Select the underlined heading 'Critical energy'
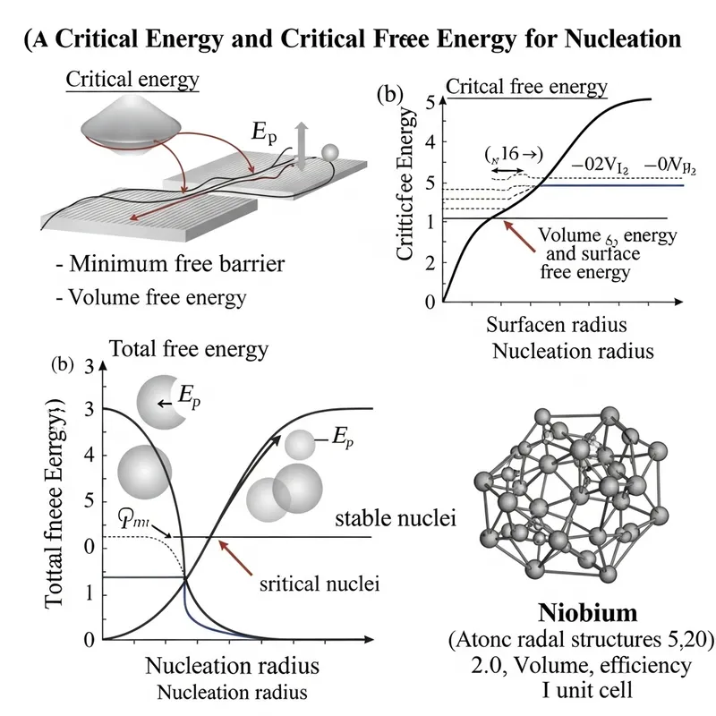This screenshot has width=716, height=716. tap(133, 80)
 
